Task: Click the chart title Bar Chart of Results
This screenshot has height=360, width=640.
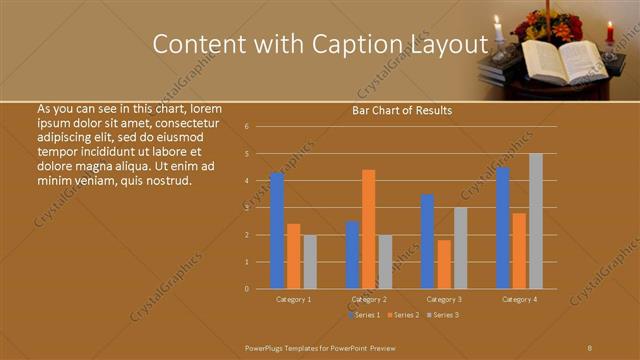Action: coord(401,110)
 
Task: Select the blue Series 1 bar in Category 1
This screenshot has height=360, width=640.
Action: coord(277,231)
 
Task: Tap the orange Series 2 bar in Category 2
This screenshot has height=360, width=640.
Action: coord(368,229)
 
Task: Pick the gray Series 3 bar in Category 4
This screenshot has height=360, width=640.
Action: coord(536,221)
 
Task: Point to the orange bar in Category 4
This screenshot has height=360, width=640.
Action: coord(519,251)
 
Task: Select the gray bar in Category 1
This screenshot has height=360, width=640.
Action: coord(310,262)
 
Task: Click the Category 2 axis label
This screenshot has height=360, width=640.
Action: coord(369,299)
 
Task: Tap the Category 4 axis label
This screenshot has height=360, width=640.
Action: coord(519,299)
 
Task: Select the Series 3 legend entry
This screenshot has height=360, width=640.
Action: coord(443,315)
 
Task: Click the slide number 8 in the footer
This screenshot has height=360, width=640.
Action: coord(590,347)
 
